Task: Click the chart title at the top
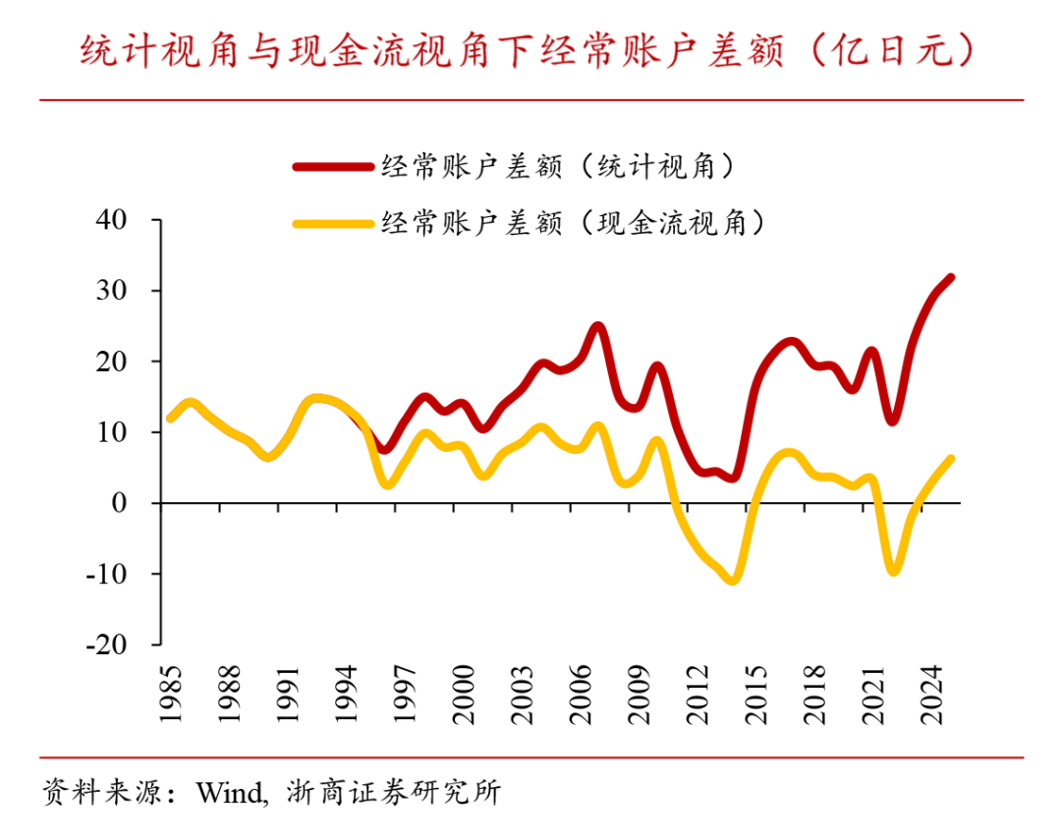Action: (x=530, y=50)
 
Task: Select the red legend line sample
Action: (x=334, y=167)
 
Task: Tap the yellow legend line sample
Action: (x=334, y=223)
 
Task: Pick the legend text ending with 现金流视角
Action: (x=574, y=223)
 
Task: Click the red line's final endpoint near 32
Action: (x=950, y=278)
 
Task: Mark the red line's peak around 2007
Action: (x=598, y=326)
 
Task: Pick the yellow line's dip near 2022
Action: (x=893, y=570)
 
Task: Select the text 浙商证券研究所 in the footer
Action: (x=393, y=792)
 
